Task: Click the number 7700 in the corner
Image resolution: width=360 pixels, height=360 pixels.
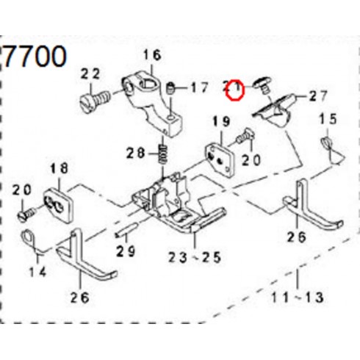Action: (x=35, y=57)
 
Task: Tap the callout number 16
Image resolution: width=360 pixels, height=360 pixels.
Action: (x=152, y=55)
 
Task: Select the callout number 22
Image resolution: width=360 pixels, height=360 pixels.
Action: (x=90, y=73)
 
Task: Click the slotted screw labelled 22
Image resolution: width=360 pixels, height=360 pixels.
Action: (x=96, y=101)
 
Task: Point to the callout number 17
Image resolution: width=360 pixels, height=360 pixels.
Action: (x=200, y=87)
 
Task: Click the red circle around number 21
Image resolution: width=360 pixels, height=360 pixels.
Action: (x=235, y=90)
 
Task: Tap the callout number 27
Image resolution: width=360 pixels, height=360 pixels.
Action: (x=318, y=96)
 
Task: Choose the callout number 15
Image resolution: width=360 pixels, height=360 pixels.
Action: (x=328, y=119)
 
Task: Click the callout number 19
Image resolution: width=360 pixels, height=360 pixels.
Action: (x=222, y=121)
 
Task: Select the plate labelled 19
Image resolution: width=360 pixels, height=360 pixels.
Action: (x=220, y=160)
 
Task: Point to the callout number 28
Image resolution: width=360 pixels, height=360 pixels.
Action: (x=136, y=154)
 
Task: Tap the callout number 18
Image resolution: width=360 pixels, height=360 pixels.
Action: (x=60, y=168)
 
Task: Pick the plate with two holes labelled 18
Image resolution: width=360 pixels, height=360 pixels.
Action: (x=59, y=206)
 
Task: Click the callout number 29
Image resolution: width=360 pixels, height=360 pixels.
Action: (x=126, y=251)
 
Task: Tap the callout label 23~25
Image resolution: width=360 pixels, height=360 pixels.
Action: (x=195, y=257)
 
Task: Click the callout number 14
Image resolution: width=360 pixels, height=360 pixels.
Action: (x=38, y=272)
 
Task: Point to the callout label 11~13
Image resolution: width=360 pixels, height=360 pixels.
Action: (x=298, y=298)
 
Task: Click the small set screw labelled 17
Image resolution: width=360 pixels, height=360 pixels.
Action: (x=170, y=88)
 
